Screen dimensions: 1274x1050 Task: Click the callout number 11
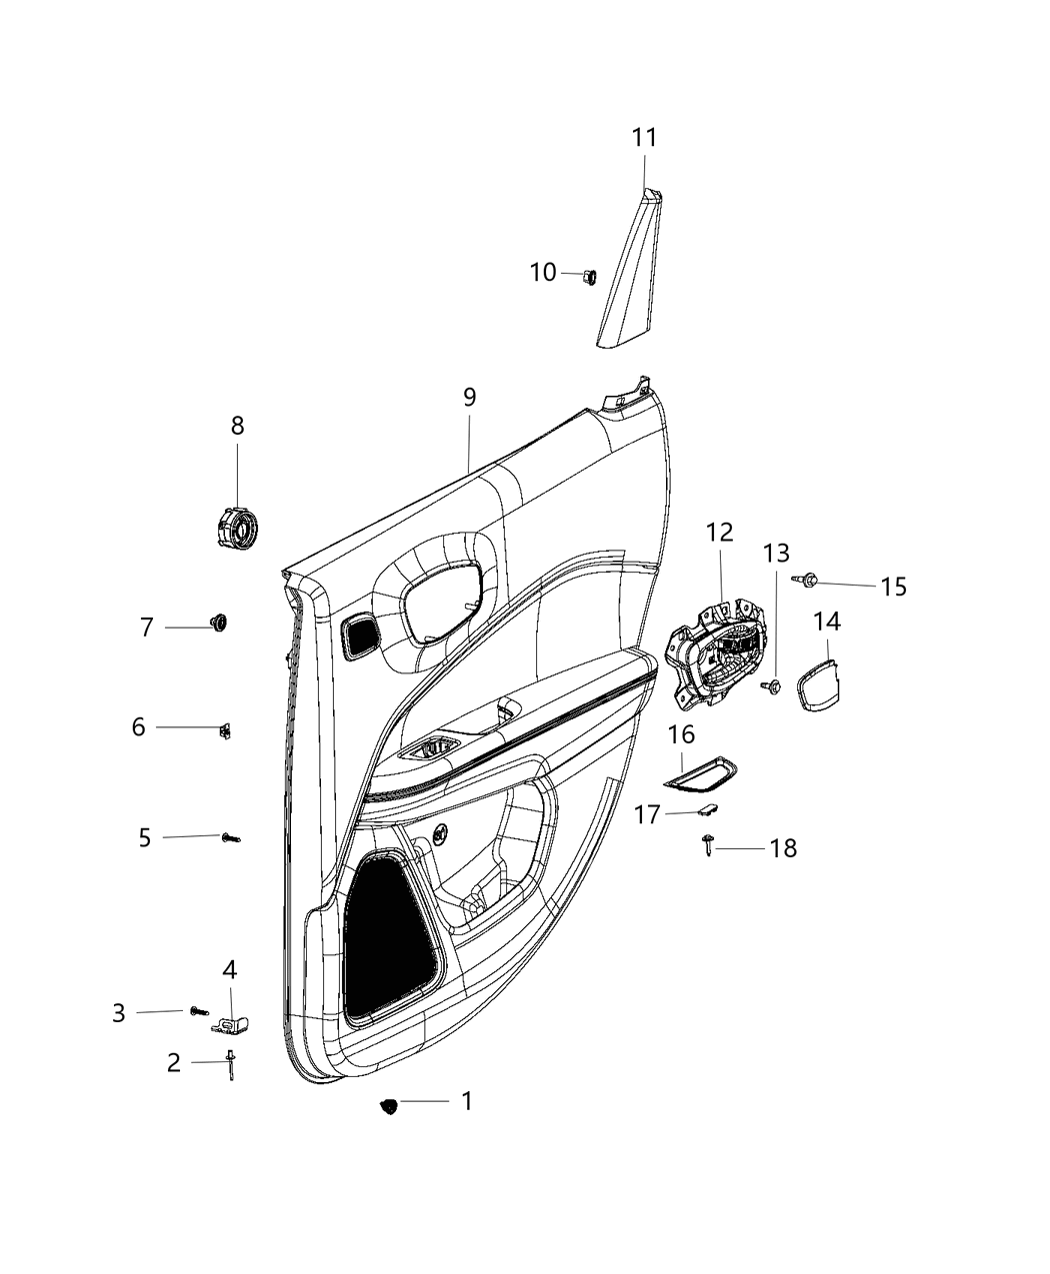(644, 138)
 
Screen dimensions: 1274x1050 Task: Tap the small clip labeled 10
(589, 275)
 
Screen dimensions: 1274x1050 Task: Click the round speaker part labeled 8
(237, 527)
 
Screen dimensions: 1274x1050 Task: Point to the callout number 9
(469, 397)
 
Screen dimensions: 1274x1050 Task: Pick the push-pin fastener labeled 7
(217, 624)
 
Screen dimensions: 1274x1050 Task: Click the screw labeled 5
(231, 838)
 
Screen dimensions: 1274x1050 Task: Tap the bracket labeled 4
(232, 1024)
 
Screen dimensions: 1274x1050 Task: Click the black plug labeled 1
(389, 1105)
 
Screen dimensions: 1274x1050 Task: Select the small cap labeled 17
(707, 812)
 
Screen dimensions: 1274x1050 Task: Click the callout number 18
(783, 848)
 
